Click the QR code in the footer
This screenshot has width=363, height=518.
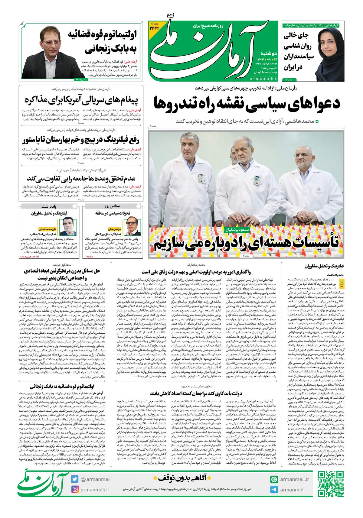pyautogui.click(x=331, y=484)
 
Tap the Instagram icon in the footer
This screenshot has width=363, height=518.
pyautogui.click(x=75, y=489)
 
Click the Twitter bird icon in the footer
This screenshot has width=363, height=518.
pyautogui.click(x=75, y=479)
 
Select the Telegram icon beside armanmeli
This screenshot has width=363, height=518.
pyautogui.click(x=274, y=490)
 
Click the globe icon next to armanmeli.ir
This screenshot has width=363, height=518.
pyautogui.click(x=274, y=479)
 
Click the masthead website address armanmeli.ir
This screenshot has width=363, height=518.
pyautogui.click(x=264, y=79)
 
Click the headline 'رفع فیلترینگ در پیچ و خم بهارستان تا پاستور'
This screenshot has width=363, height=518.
pyautogui.click(x=81, y=140)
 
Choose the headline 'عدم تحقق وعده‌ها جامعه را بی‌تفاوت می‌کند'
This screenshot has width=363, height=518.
pyautogui.click(x=81, y=178)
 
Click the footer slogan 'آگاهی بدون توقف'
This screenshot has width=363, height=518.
pyautogui.click(x=182, y=478)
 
